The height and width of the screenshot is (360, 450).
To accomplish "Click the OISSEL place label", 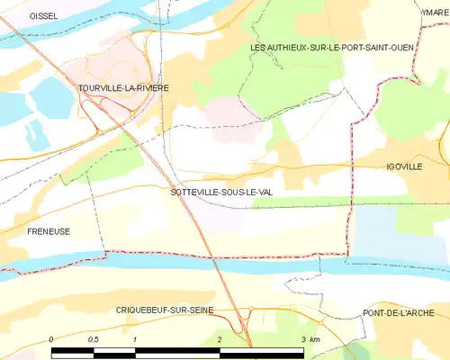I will coord(43,16).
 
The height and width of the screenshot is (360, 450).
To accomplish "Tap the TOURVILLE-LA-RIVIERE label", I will coord(123,87).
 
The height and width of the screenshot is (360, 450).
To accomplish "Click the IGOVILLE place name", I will coord(404,167).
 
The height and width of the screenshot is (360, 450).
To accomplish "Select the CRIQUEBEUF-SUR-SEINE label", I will coord(166,310).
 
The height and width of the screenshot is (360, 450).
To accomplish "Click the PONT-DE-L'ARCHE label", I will coord(399,312).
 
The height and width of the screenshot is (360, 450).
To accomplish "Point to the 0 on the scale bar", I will coord(51,339).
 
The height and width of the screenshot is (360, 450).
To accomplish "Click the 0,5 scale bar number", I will coord(93,339).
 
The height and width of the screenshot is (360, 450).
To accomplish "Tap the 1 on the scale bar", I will coord(134,339).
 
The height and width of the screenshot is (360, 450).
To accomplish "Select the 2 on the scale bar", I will coord(219,339).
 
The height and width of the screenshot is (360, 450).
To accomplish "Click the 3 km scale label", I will coord(309,339).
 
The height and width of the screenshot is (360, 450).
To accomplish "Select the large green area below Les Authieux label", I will coord(297,85).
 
